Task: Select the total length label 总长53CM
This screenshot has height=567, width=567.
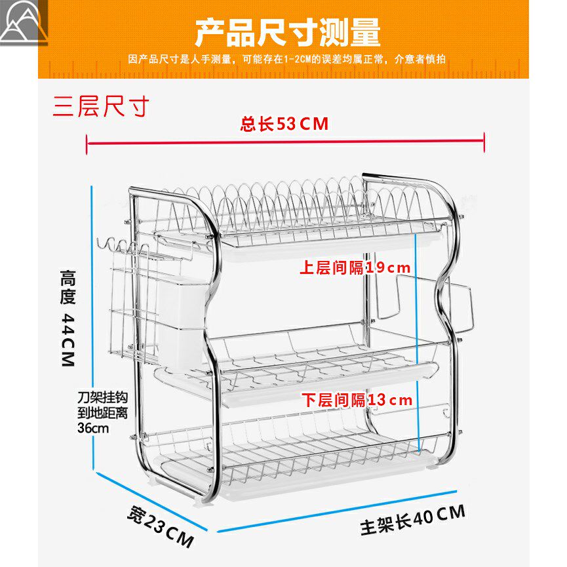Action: coord(284,124)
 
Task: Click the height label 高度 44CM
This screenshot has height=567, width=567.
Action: coord(68,318)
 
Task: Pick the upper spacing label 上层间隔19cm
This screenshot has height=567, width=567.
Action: coord(355,267)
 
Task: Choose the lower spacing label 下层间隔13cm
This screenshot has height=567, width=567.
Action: coord(357,400)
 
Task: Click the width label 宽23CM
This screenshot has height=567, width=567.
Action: coord(161,527)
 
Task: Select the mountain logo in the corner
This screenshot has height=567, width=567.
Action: coord(24,23)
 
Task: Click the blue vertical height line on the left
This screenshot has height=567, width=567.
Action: coord(93,328)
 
